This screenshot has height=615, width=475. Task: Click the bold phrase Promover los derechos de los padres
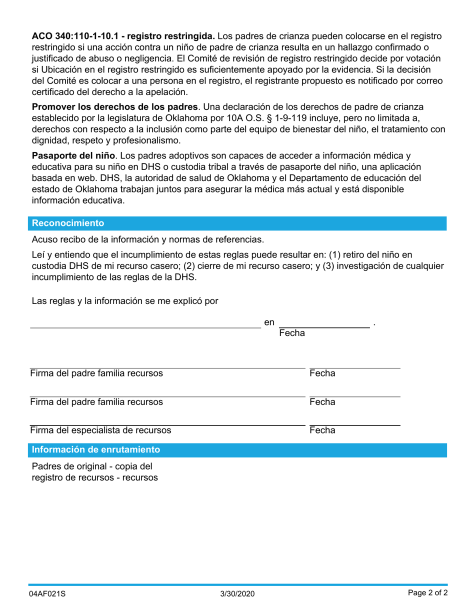(x=115, y=107)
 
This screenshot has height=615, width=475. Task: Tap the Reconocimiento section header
(x=68, y=223)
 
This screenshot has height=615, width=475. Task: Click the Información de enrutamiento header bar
(x=96, y=449)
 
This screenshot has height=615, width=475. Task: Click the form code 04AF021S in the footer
(x=47, y=594)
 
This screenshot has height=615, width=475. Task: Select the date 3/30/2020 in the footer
(x=237, y=594)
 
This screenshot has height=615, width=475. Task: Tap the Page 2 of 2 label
(x=427, y=593)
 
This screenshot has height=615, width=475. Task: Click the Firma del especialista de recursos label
(x=100, y=430)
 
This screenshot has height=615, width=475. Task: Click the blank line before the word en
(x=145, y=327)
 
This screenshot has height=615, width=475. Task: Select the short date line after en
(x=324, y=327)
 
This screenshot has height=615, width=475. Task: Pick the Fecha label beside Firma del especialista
(x=322, y=430)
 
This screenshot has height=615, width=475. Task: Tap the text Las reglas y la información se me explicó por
(x=125, y=301)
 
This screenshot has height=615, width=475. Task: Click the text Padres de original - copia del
(x=92, y=466)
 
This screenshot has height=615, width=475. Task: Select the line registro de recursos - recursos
(x=95, y=478)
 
